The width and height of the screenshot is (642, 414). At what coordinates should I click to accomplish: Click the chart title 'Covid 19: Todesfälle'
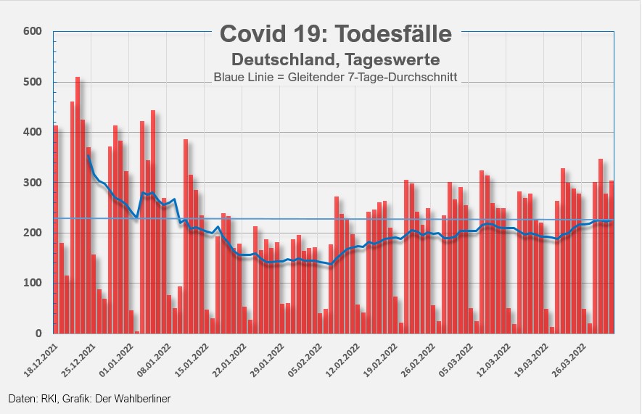(x=335, y=33)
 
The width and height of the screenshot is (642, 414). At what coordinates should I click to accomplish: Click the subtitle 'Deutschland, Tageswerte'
(x=335, y=57)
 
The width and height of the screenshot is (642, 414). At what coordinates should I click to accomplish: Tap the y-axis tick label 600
(x=33, y=31)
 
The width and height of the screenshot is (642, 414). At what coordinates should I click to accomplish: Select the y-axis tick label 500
(x=33, y=82)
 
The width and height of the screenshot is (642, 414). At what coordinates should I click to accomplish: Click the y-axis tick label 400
(x=33, y=133)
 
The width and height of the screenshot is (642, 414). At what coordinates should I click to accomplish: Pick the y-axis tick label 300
(x=33, y=183)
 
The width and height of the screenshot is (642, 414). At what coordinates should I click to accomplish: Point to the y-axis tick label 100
(x=33, y=283)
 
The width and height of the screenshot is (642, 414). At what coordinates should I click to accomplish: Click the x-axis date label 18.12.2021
(x=38, y=355)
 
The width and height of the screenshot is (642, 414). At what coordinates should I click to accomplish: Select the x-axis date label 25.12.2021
(x=77, y=355)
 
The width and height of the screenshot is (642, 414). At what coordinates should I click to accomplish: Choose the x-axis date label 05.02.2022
(x=303, y=355)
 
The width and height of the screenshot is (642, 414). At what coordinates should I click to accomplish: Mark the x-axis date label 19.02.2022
(x=382, y=355)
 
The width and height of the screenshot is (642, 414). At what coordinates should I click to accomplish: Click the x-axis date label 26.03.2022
(x=568, y=355)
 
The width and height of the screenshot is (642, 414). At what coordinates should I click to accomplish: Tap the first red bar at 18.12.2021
(x=56, y=232)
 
